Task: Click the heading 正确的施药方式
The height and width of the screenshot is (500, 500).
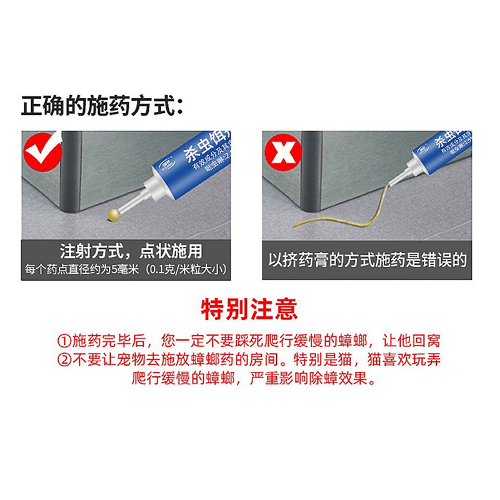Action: pyautogui.click(x=102, y=106)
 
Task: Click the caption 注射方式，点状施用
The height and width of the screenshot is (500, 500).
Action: pyautogui.click(x=131, y=252)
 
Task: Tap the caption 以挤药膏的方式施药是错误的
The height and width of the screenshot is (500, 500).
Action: pyautogui.click(x=367, y=259)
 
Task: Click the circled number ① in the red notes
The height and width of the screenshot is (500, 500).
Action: pyautogui.click(x=62, y=341)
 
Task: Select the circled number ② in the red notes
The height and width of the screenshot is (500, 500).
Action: pyautogui.click(x=62, y=360)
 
